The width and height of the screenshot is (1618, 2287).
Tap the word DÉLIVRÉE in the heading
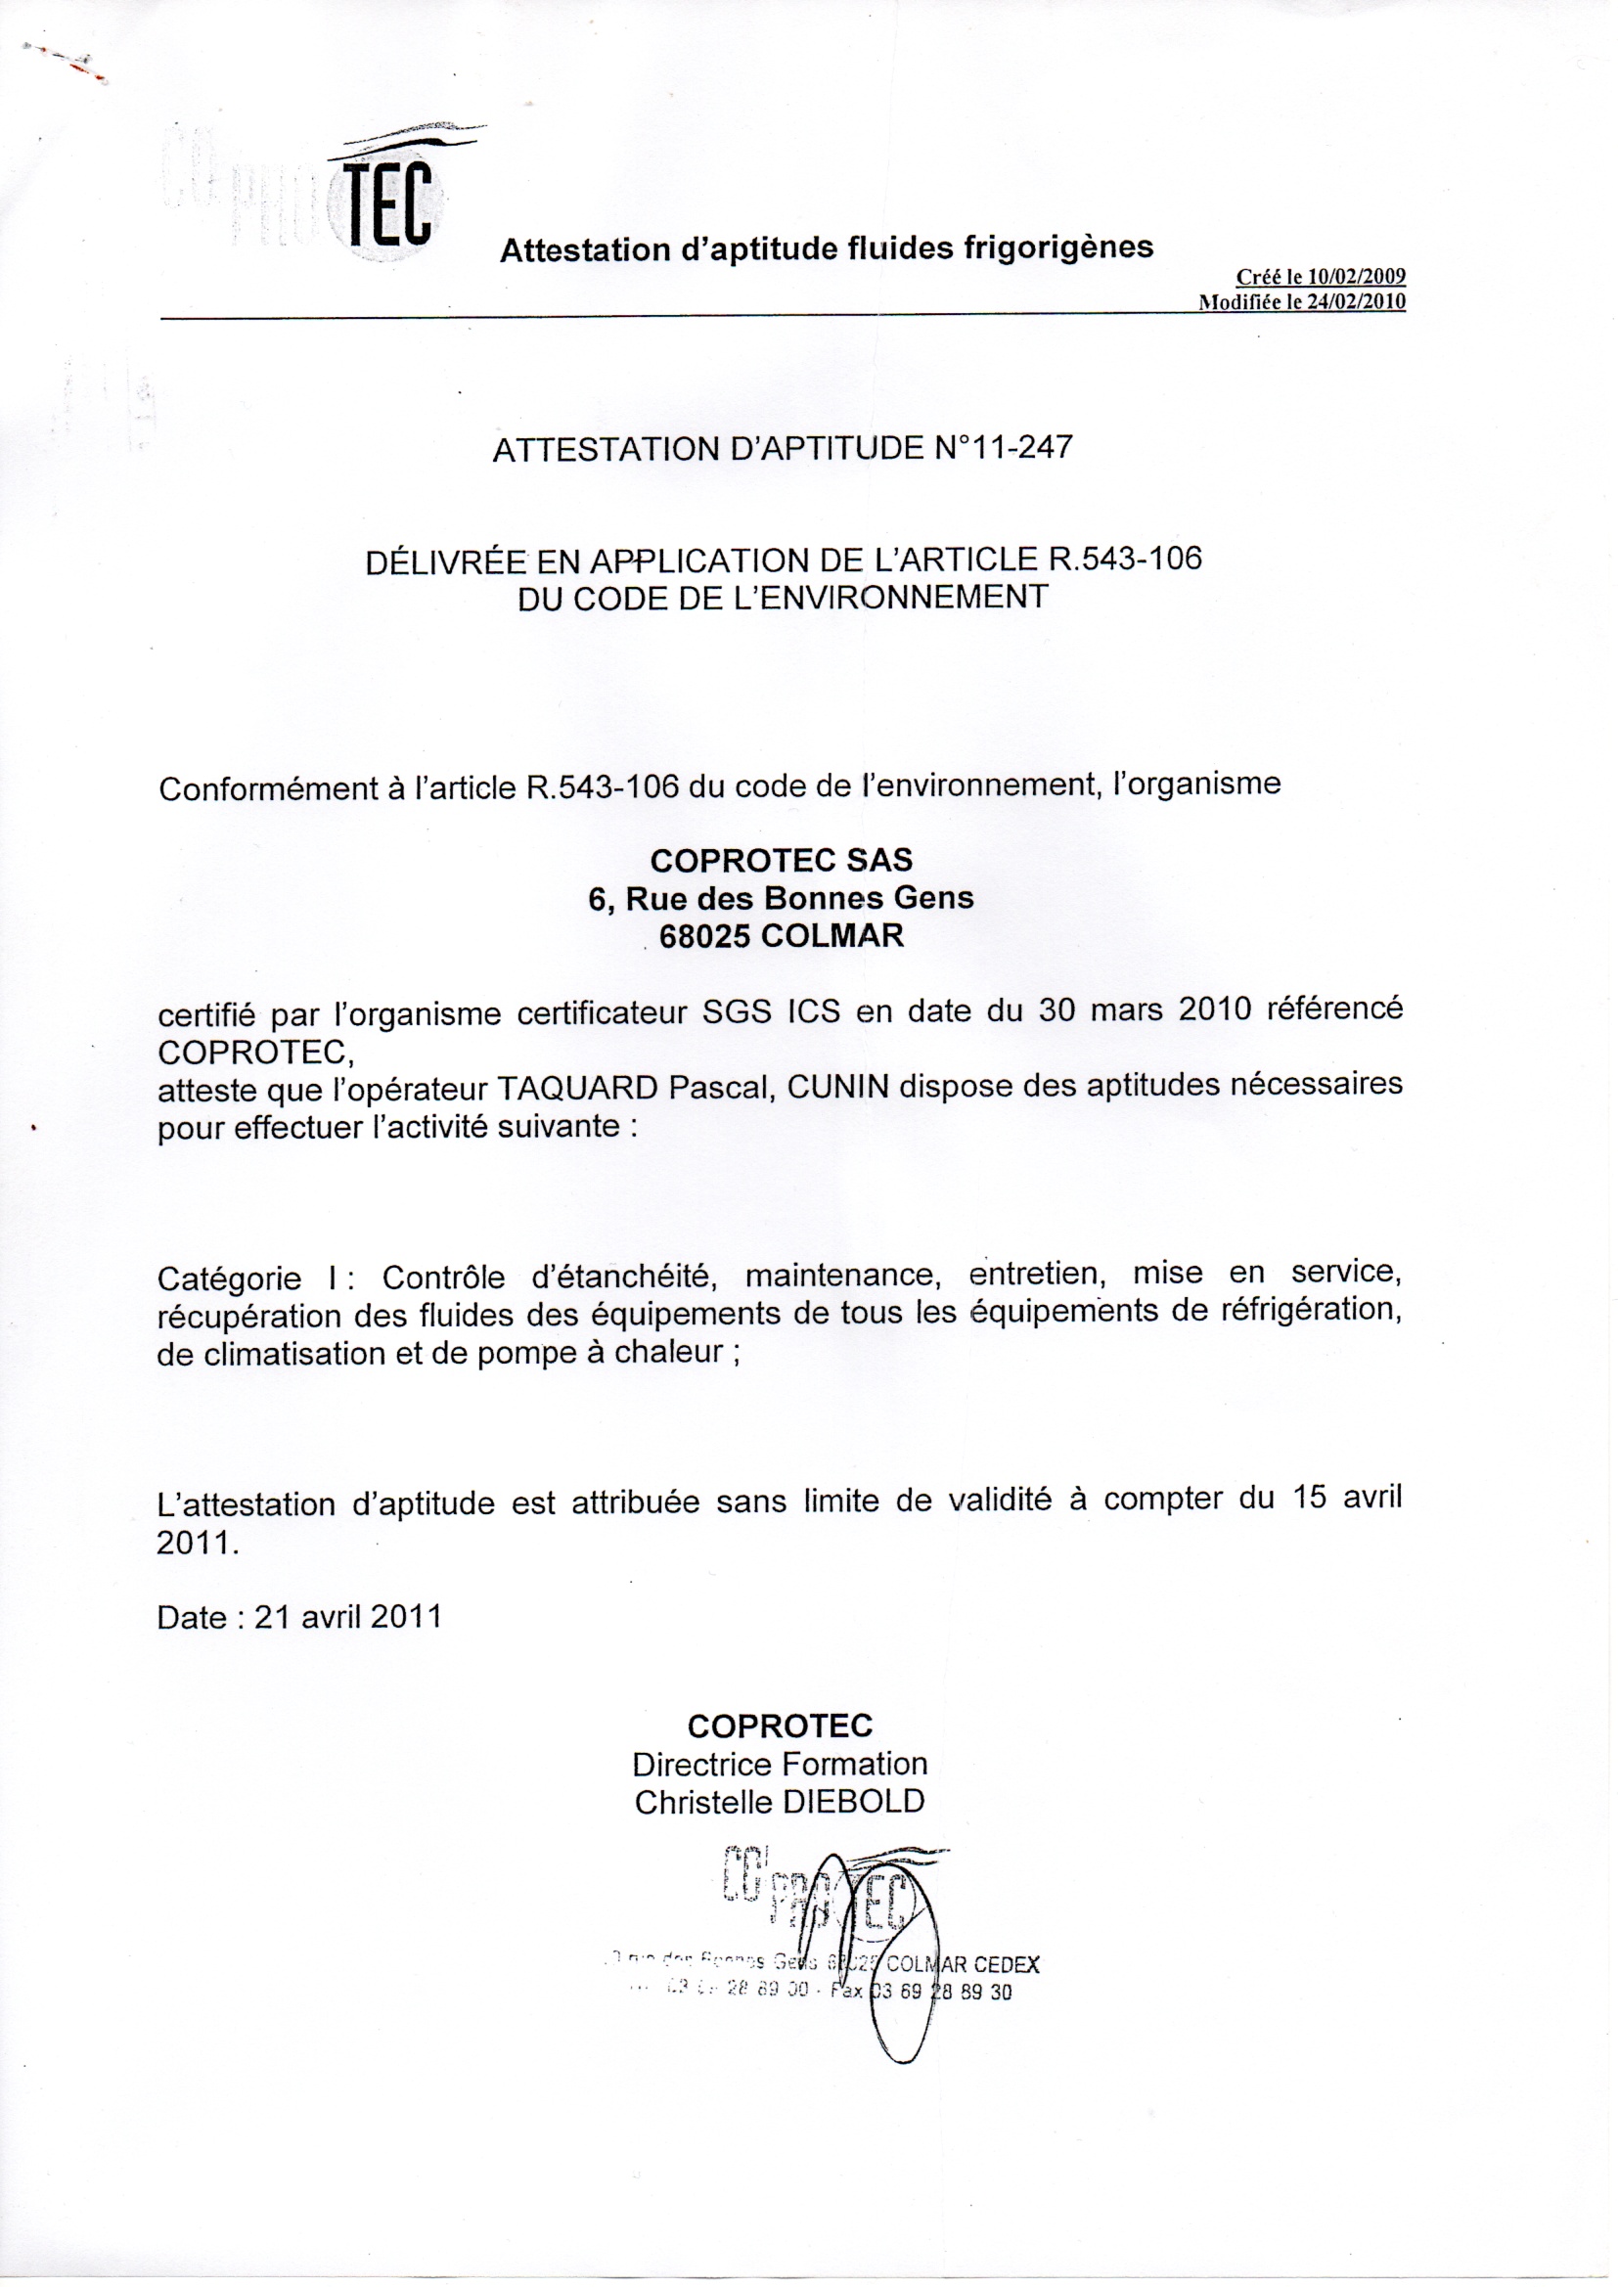[x=444, y=561]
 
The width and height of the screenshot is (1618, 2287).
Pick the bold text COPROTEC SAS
[x=781, y=860]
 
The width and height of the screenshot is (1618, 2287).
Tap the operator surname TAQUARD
[x=577, y=1088]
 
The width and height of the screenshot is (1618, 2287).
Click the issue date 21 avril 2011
[x=347, y=1616]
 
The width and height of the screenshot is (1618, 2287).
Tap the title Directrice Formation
[x=779, y=1764]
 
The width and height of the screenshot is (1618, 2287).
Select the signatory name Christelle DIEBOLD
[x=779, y=1802]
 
